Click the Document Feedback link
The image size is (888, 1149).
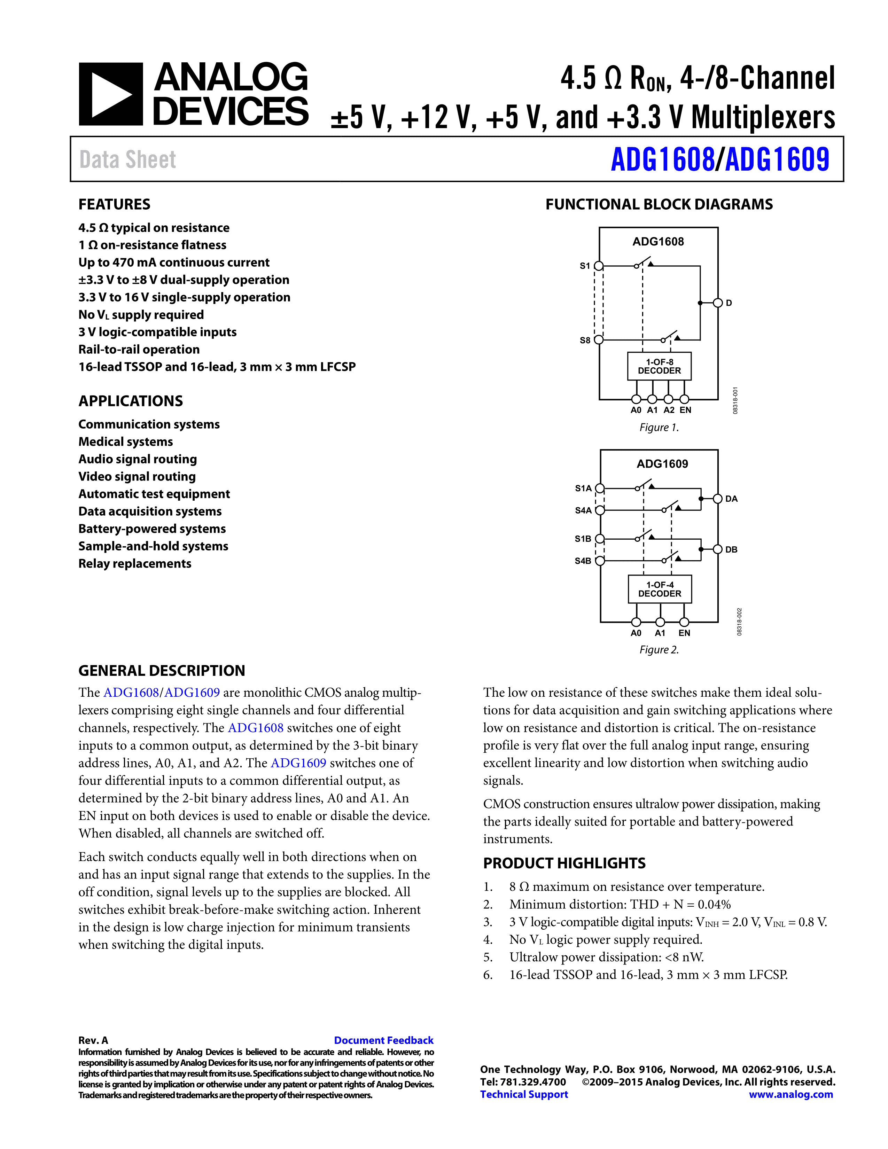click(383, 1040)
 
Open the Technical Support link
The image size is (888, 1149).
click(524, 1094)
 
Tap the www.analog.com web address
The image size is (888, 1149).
click(791, 1094)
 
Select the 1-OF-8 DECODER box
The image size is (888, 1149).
click(659, 366)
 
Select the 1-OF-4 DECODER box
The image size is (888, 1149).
click(660, 589)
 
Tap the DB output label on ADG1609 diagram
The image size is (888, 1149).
click(731, 550)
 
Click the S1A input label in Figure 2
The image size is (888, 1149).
click(583, 488)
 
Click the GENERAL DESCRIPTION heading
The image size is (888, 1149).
click(162, 671)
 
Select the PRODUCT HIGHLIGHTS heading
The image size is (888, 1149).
click(564, 863)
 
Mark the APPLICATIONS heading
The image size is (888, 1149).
click(131, 401)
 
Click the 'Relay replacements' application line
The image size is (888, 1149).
click(135, 563)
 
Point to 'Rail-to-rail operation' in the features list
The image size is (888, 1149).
click(139, 349)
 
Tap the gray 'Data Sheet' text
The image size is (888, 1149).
click(127, 159)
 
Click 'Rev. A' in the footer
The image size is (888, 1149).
click(93, 1040)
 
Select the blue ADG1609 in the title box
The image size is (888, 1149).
click(777, 159)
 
